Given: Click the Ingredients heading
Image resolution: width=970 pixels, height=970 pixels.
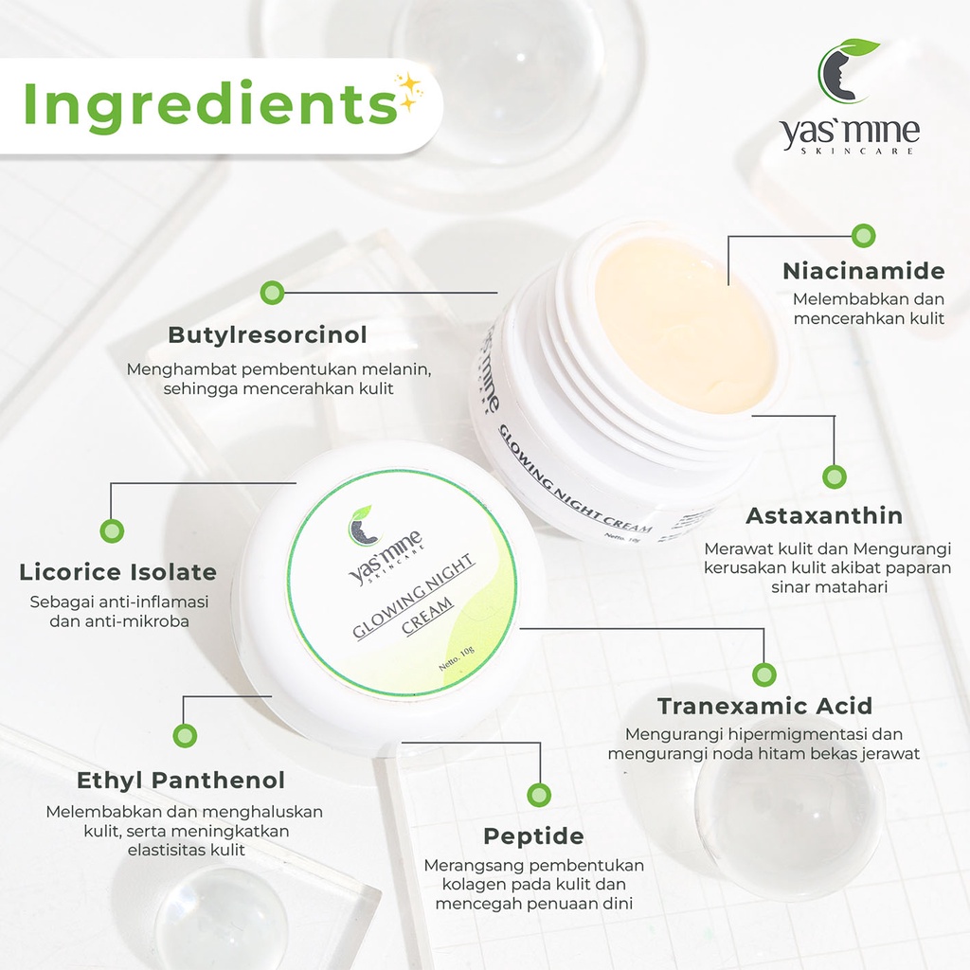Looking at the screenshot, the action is (209, 104).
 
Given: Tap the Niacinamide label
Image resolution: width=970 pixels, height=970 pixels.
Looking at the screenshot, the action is (864, 271).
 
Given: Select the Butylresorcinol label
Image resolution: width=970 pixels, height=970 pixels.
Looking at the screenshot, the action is (267, 334).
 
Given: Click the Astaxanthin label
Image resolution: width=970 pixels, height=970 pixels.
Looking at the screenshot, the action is (824, 515).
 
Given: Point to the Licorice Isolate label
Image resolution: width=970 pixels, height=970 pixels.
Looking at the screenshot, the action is (118, 571).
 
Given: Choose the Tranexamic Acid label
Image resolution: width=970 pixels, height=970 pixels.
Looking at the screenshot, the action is (764, 706).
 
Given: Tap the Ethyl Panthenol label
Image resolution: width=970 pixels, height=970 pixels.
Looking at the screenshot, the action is (181, 781).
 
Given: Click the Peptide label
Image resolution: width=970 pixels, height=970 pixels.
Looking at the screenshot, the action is (534, 836).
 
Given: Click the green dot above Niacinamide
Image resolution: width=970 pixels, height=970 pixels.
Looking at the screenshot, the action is (864, 236).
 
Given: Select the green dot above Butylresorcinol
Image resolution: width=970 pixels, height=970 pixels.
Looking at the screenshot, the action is (272, 293).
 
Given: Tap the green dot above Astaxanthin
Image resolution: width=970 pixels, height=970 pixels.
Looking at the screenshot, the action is (835, 477).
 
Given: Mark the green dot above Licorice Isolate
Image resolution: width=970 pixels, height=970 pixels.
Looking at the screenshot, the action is (112, 530).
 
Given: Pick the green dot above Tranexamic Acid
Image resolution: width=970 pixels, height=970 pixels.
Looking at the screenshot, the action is (764, 674).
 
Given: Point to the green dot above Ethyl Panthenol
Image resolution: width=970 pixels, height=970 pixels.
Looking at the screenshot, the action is (185, 735).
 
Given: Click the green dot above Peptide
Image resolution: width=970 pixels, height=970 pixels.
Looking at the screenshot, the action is (539, 795).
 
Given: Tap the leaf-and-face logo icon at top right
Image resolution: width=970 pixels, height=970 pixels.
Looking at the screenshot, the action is (845, 70).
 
